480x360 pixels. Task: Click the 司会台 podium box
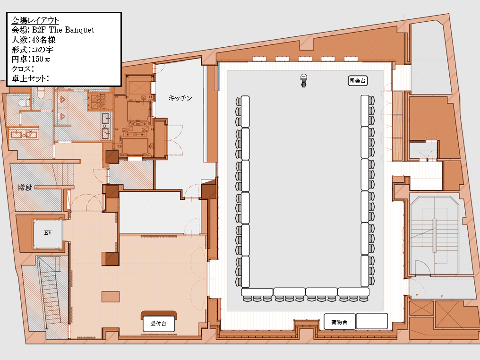pos(358,81)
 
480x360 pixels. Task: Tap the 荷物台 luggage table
pos(340,322)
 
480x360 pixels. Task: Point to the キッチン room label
pos(180,98)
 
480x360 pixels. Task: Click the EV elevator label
pos(48,232)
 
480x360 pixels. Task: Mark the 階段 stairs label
pos(25,187)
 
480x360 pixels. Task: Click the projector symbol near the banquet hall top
pos(304,80)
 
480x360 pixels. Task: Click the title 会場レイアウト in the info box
pos(35,20)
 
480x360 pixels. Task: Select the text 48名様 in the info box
pos(43,40)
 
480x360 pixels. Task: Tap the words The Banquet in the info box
pos(72,30)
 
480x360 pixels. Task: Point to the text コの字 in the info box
pos(43,50)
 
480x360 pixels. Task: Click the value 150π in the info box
pos(41,59)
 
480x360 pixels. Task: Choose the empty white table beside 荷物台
pos(372,321)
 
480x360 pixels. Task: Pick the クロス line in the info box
pos(23,69)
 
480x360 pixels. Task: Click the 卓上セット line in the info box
pos(30,78)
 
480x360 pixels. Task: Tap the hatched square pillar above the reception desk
pos(111,297)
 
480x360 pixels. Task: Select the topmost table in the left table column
pos(245,111)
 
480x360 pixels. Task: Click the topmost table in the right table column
pos(365,111)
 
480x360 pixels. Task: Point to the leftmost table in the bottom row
pos(257,292)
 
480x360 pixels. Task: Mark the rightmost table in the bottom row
pos(353,292)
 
